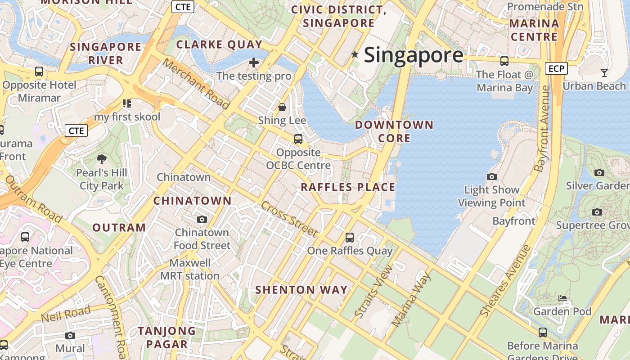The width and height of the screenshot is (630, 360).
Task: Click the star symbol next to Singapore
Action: tap(355, 55)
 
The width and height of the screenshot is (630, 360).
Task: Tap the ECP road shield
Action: tap(556, 68)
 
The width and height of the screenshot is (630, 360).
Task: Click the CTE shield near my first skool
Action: tap(76, 130)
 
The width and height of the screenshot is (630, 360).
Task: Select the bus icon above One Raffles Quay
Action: tap(350, 237)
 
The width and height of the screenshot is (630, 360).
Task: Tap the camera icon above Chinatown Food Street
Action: tap(202, 219)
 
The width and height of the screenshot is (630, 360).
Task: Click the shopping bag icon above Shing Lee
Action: tap(282, 107)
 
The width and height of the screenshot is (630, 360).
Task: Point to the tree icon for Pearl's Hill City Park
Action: tap(102, 159)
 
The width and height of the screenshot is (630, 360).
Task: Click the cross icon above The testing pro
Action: tap(254, 63)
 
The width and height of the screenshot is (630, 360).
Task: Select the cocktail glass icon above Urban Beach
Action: tap(604, 72)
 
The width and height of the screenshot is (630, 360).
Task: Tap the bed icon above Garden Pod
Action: tap(562, 298)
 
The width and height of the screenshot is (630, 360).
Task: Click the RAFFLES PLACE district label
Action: tap(348, 187)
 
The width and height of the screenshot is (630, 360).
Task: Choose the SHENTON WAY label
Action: tap(301, 290)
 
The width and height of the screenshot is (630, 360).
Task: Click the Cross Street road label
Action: tap(289, 219)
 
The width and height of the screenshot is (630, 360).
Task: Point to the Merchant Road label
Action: tap(196, 84)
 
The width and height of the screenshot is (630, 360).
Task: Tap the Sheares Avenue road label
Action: tap(505, 281)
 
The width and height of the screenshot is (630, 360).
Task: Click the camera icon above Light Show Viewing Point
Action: tap(492, 176)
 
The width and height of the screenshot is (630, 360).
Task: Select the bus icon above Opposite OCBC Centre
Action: tap(298, 139)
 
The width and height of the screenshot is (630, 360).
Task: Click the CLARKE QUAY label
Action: tap(219, 45)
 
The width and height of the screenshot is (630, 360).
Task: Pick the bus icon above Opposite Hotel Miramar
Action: tap(39, 72)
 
